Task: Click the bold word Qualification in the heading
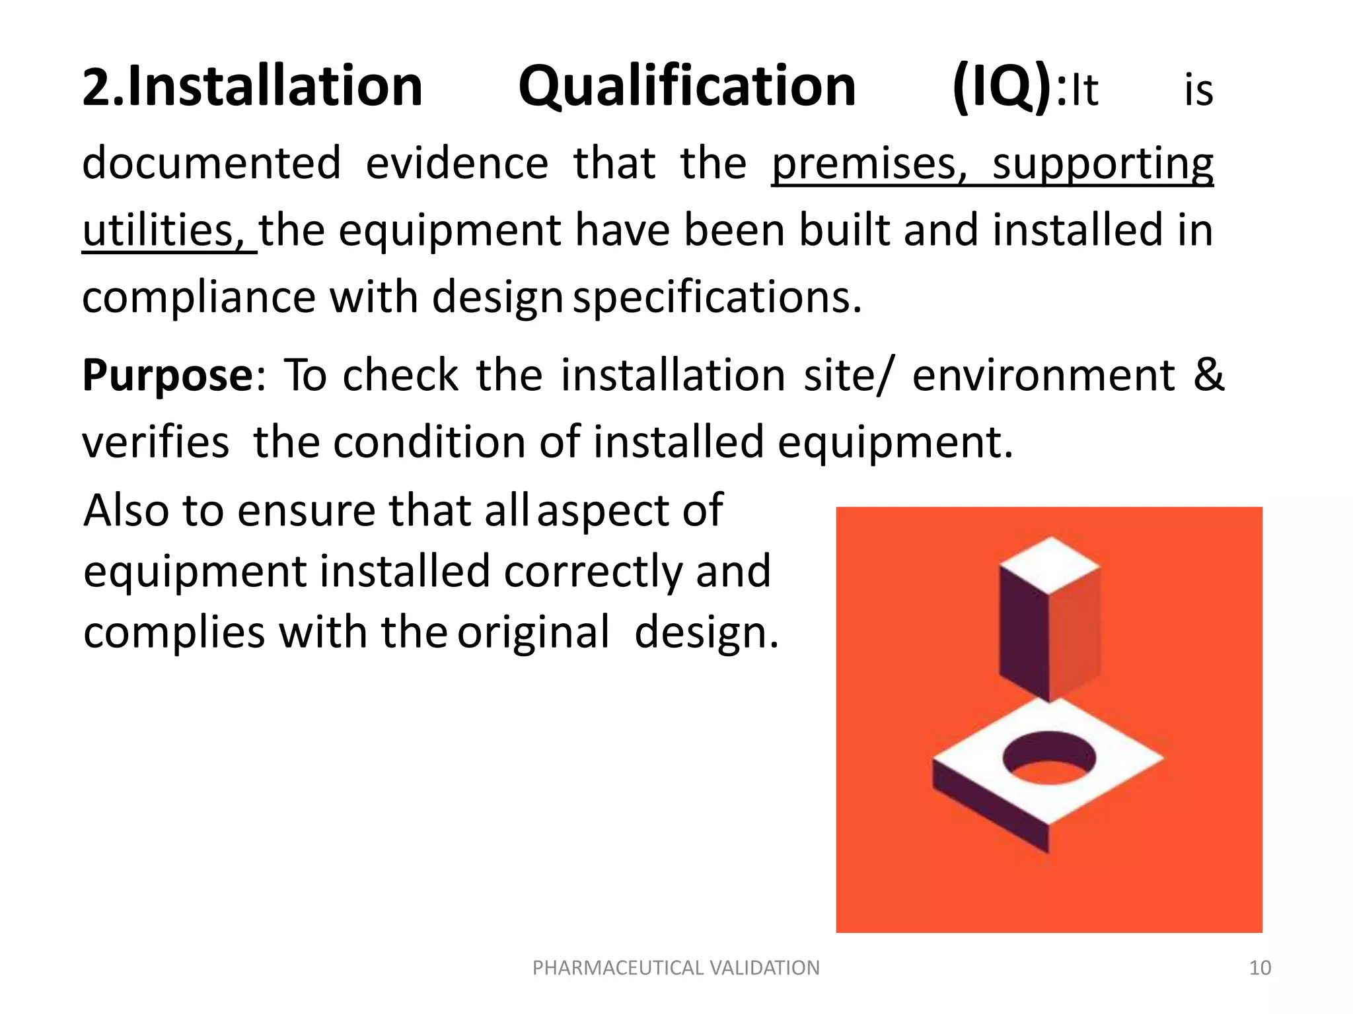(x=687, y=88)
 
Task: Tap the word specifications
(x=717, y=298)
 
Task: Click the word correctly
(x=592, y=572)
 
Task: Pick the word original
(x=534, y=632)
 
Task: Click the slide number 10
(x=1260, y=968)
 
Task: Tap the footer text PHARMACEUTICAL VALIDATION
(x=676, y=968)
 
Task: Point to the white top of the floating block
(x=1049, y=564)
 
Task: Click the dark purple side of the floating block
(x=1023, y=634)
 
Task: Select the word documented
(x=211, y=164)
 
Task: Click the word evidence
(x=457, y=164)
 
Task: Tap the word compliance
(x=199, y=298)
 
